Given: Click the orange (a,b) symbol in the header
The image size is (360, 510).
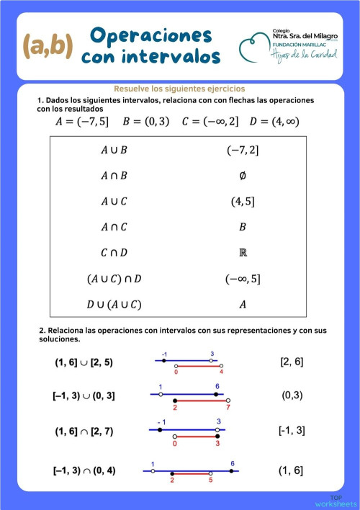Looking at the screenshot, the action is click(x=48, y=45).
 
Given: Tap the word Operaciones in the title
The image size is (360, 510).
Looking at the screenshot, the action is click(x=151, y=35).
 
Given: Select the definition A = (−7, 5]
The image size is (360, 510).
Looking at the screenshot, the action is click(x=82, y=121).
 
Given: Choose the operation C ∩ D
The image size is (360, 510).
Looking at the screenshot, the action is click(x=114, y=252).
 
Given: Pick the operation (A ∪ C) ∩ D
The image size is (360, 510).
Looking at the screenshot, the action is click(x=114, y=278).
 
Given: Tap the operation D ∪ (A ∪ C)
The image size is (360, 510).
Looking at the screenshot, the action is click(x=114, y=304).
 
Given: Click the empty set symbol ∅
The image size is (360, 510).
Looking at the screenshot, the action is click(x=242, y=176).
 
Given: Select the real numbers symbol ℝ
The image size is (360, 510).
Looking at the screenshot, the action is click(x=242, y=252).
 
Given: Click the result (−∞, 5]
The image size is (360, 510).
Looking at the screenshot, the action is click(x=242, y=278).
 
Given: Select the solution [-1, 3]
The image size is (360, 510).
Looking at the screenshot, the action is click(x=291, y=430).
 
